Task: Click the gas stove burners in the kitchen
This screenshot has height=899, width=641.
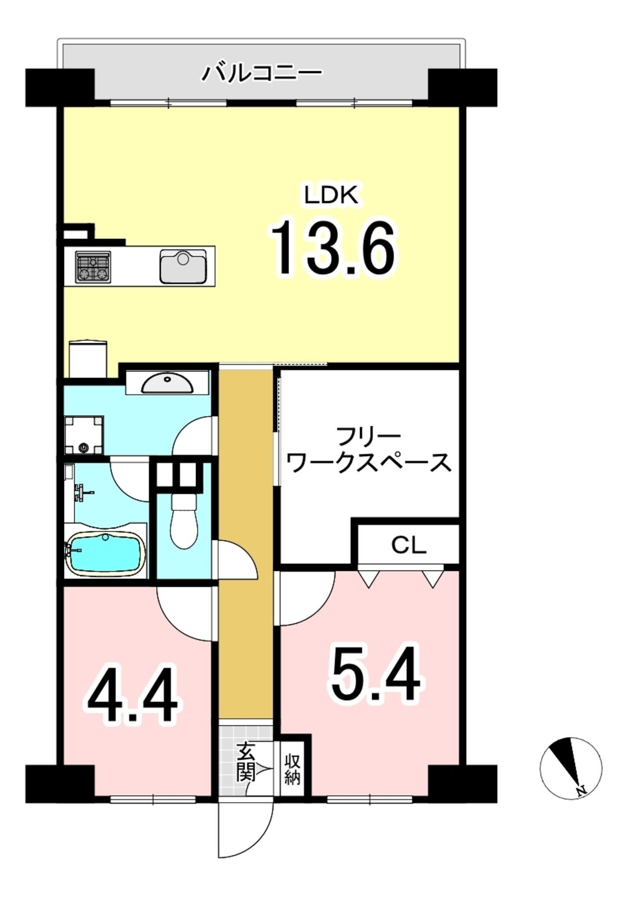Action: (x=93, y=267)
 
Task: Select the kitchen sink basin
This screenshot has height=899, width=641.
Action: (x=183, y=266)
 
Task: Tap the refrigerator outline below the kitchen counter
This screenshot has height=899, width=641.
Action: (x=88, y=359)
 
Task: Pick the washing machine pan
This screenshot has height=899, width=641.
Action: (x=83, y=435)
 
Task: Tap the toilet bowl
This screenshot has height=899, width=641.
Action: (x=184, y=521)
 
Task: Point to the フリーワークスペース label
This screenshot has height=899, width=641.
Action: (x=371, y=450)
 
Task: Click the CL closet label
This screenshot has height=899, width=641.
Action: (x=409, y=546)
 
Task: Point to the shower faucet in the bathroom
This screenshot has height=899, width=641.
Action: (x=82, y=492)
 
